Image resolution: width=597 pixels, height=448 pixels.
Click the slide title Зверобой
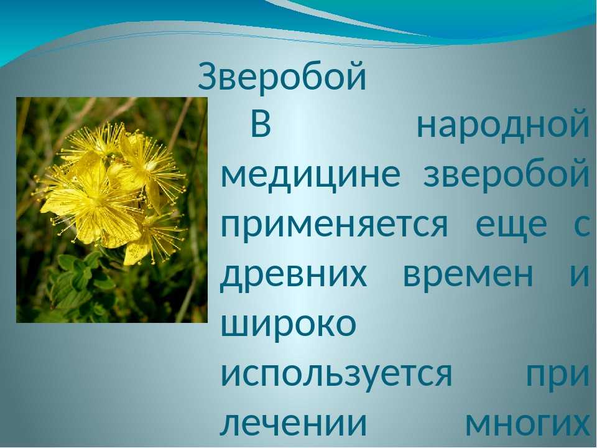[x=282, y=77]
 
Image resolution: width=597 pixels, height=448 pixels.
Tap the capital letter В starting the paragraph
[x=261, y=124]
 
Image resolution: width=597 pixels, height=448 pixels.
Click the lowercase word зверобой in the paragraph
[x=506, y=174]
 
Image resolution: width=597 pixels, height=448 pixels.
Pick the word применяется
[x=335, y=224]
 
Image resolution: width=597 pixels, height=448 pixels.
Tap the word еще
[x=511, y=225]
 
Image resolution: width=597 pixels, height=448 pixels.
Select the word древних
[x=294, y=275]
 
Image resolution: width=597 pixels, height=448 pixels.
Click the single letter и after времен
[x=580, y=275]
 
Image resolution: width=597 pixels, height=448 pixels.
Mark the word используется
[x=336, y=374]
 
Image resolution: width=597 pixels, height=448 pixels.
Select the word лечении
[x=294, y=424]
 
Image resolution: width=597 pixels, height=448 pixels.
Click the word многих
[x=527, y=424]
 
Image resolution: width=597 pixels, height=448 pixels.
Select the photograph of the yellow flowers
[x=112, y=210]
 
